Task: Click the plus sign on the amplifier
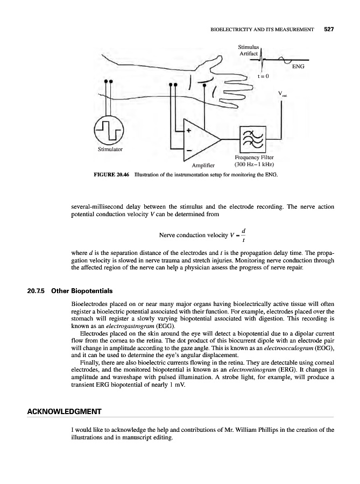tap(189, 130)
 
